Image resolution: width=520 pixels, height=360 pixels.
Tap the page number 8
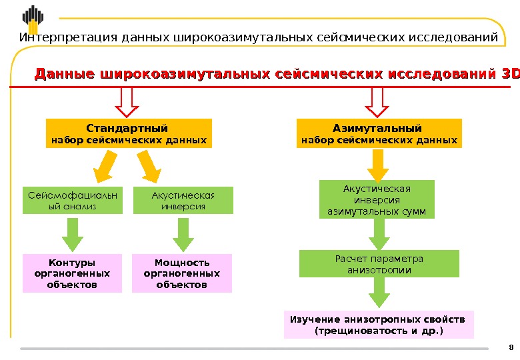tap(511, 347)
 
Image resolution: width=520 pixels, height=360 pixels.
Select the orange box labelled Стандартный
tap(127, 133)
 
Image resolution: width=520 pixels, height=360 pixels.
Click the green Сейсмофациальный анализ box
tap(73, 200)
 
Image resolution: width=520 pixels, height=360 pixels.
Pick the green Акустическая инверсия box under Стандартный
tap(183, 200)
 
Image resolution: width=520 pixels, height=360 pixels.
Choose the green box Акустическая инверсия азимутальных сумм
tap(377, 199)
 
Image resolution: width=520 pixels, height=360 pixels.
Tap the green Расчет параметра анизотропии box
tap(379, 263)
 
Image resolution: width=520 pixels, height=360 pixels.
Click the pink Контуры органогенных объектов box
tap(73, 273)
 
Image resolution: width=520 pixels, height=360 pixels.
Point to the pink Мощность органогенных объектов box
tap(182, 273)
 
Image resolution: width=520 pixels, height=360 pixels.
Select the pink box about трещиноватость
tap(378, 324)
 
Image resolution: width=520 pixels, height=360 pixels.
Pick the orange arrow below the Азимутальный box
tap(377, 165)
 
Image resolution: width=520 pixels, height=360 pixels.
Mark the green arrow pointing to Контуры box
tap(72, 234)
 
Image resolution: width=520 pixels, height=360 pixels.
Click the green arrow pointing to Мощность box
tap(183, 234)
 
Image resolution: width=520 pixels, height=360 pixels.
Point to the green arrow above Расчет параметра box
tap(379, 234)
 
